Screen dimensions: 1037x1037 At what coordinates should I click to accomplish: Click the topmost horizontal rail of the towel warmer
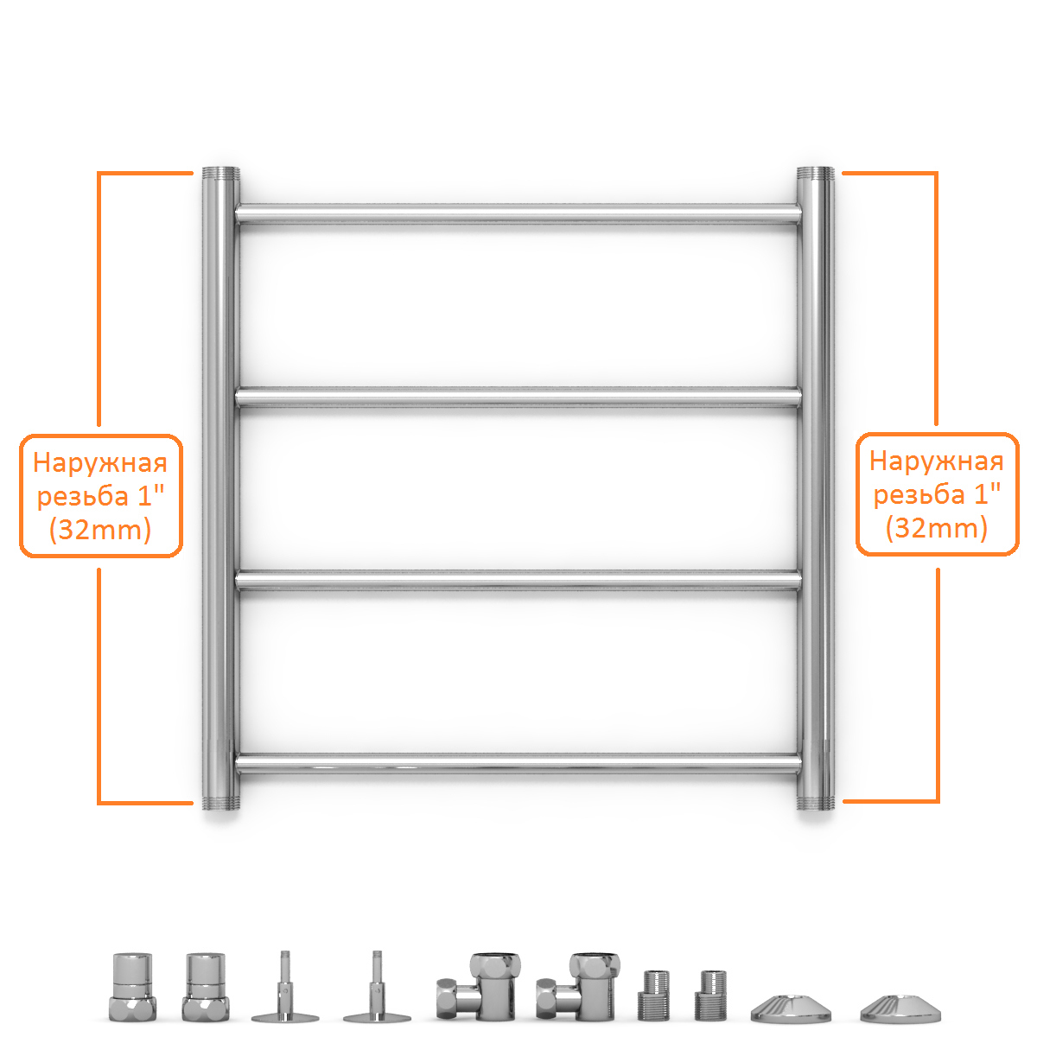[518, 213]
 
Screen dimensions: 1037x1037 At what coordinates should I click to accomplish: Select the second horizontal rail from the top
[518, 397]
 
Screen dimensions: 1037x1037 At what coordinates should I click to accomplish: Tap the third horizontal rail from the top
[518, 580]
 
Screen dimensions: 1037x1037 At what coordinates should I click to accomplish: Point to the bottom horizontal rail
[518, 764]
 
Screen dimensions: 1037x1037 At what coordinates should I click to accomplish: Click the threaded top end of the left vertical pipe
[220, 175]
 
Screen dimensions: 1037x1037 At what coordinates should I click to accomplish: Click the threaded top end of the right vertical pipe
[815, 175]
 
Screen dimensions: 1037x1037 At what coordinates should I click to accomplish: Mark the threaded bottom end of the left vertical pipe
[220, 802]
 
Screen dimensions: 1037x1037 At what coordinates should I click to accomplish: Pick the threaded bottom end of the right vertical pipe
[815, 802]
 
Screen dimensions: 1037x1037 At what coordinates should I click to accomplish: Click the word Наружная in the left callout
[100, 463]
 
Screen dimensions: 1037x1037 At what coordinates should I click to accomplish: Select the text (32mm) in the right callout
[937, 528]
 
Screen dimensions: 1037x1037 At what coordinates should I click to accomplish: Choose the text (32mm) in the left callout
[100, 530]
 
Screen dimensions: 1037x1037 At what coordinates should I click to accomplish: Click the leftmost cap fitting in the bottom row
[132, 987]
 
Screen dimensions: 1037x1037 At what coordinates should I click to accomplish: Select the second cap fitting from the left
[206, 987]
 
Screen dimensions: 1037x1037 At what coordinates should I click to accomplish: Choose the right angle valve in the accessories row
[577, 987]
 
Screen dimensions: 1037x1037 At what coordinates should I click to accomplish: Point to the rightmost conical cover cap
[900, 1008]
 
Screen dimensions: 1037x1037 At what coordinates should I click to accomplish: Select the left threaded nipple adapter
[654, 996]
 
